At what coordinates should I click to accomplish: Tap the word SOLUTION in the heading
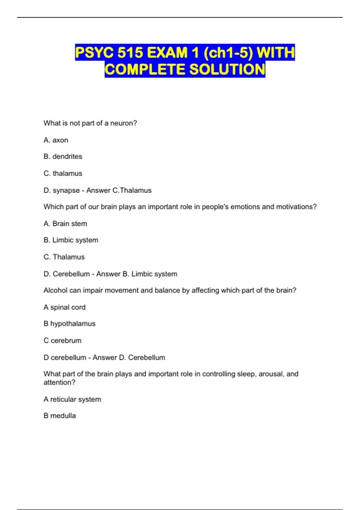227,69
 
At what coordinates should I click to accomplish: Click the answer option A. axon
56,140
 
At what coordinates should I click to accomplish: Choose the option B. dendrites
63,157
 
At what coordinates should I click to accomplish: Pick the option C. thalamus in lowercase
63,173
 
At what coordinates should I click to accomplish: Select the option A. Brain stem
65,224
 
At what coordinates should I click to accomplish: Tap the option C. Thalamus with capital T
64,257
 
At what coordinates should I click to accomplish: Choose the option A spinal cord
64,307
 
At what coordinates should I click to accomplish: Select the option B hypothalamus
69,324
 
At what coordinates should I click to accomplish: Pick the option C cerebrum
62,341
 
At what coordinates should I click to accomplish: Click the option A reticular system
72,400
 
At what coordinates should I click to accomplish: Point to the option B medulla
60,416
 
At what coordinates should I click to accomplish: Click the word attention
59,382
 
